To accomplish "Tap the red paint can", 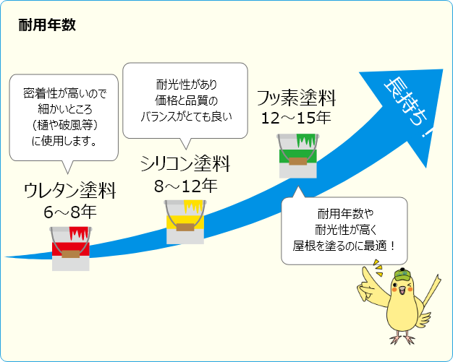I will pyautogui.click(x=70, y=248).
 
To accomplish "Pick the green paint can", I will pyautogui.click(x=297, y=154).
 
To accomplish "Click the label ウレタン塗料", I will pyautogui.click(x=70, y=191).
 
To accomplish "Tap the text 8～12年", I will pyautogui.click(x=185, y=186).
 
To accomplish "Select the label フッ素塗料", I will pyautogui.click(x=296, y=97).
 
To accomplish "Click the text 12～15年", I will pyautogui.click(x=296, y=117).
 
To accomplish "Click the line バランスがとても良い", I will pyautogui.click(x=185, y=114).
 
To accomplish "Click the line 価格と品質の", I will pyautogui.click(x=185, y=98).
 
